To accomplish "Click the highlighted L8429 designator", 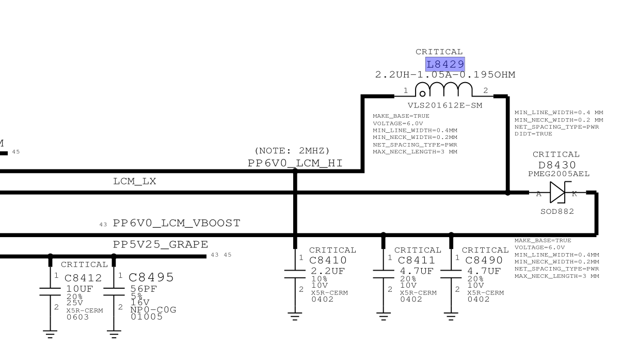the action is [x=445, y=65].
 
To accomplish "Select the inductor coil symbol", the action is [x=443, y=89].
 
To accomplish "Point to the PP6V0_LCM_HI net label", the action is [x=295, y=163].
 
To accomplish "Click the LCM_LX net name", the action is [x=135, y=181].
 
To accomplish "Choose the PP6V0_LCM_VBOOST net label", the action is [x=177, y=223].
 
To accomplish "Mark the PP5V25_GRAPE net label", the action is [x=161, y=244].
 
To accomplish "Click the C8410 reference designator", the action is [x=328, y=260].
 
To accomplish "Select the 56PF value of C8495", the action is [x=144, y=289].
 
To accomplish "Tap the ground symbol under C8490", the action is [x=451, y=317].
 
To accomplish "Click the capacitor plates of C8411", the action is [x=384, y=274].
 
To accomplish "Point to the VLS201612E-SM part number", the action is [x=445, y=105].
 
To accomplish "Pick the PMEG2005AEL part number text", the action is [x=559, y=174].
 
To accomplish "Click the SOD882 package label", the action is [x=558, y=211].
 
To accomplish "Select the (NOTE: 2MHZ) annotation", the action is [x=292, y=150].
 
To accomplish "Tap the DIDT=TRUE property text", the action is [x=533, y=134].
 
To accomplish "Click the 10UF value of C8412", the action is [x=79, y=289].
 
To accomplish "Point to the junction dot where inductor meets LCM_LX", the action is [x=507, y=193].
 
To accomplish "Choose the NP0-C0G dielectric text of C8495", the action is [x=153, y=309].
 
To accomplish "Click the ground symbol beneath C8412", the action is [x=50, y=334].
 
